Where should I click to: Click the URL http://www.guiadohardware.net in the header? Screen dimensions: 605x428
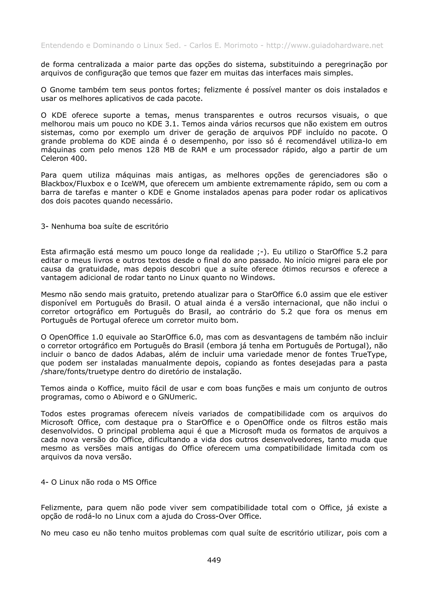coord(324,46)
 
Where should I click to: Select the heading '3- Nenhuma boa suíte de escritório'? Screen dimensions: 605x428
coord(104,226)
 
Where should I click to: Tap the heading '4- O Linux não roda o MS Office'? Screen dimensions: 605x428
coord(99,482)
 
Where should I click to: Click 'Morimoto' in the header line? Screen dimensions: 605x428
coord(241,46)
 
